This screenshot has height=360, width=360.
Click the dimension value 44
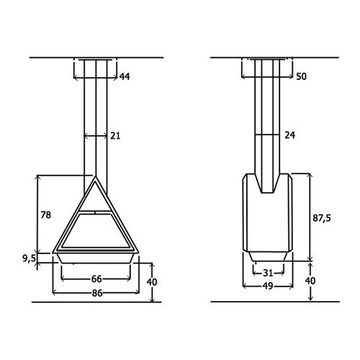(125, 76)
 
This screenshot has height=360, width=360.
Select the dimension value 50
(301, 76)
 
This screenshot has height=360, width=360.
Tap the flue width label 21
(115, 136)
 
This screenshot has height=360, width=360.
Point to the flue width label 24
(289, 135)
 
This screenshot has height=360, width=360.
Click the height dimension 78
(46, 215)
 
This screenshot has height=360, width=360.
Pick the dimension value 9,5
(29, 258)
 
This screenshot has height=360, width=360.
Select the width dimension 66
(96, 279)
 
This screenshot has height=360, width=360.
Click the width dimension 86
(96, 293)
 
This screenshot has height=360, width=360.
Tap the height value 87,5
(322, 218)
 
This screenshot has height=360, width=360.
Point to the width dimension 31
(268, 273)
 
